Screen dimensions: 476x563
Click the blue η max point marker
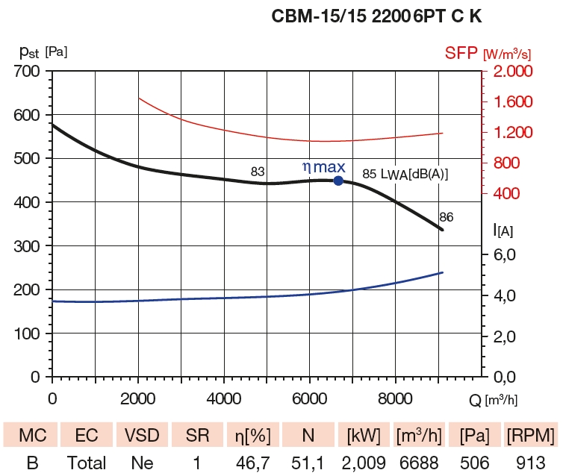click(x=338, y=181)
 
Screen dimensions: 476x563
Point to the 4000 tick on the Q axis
click(x=223, y=398)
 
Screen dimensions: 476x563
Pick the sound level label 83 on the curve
click(x=258, y=172)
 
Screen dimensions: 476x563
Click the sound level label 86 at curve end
click(x=447, y=217)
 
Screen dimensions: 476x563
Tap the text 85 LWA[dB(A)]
click(x=405, y=174)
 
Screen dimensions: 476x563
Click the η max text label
click(x=323, y=167)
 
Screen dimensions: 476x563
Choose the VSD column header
click(x=142, y=435)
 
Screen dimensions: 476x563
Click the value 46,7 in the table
click(x=253, y=463)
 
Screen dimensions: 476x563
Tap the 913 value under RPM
click(x=529, y=463)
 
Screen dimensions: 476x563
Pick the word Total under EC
click(x=87, y=463)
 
